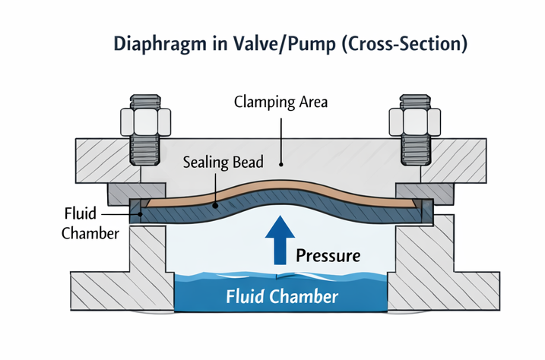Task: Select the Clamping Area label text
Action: click(x=280, y=101)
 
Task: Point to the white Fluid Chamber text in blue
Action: click(x=282, y=296)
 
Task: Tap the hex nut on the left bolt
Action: click(x=142, y=121)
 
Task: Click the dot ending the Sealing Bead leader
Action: click(x=216, y=204)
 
